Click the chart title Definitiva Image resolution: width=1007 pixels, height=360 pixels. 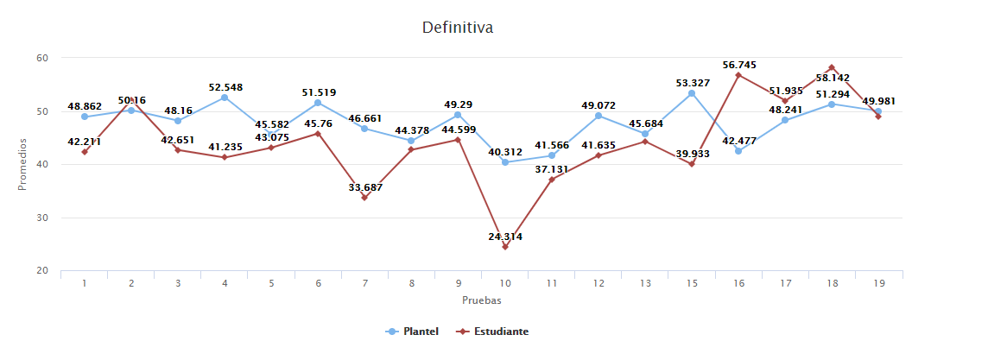click(457, 28)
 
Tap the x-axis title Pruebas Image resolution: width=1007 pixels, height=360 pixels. click(481, 300)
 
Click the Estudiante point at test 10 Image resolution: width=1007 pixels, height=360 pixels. click(505, 247)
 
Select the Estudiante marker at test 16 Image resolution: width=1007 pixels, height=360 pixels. click(738, 75)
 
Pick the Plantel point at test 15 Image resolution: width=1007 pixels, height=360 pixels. click(692, 93)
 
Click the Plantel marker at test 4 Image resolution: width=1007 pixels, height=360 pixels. click(225, 98)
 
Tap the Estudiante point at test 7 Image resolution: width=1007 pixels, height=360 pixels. click(364, 198)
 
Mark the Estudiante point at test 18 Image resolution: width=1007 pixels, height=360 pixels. click(832, 67)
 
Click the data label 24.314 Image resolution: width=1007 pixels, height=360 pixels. click(505, 236)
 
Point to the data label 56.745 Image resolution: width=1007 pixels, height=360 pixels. click(740, 64)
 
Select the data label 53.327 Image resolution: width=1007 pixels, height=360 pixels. click(693, 83)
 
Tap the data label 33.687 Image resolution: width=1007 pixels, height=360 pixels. click(364, 187)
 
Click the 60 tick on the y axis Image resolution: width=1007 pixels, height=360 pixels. click(41, 58)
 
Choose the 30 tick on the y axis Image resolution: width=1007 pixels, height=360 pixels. click(41, 218)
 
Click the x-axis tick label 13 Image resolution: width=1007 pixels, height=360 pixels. click(645, 282)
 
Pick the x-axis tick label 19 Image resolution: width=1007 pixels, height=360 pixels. click(878, 282)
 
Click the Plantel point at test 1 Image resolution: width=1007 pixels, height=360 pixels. click(85, 117)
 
